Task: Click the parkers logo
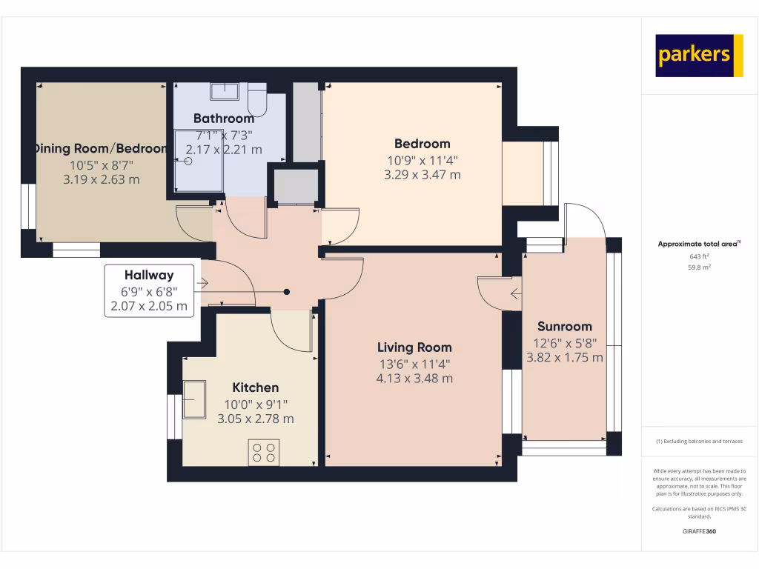coord(699,56)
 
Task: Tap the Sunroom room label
coord(565,326)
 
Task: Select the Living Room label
coord(414,347)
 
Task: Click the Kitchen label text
coord(256,387)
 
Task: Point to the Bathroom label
coord(223,119)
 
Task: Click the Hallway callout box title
coord(149,275)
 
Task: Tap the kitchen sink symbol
coord(195,400)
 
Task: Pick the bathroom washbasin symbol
coord(224,91)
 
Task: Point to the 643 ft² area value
coord(700,256)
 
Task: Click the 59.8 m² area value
coord(700,267)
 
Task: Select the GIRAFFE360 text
coord(699,531)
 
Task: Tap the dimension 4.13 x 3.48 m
coord(414,378)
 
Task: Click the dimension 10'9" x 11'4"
coord(422,160)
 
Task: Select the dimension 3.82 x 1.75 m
coord(565,357)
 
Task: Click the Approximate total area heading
coord(699,244)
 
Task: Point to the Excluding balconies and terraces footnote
coord(699,441)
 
